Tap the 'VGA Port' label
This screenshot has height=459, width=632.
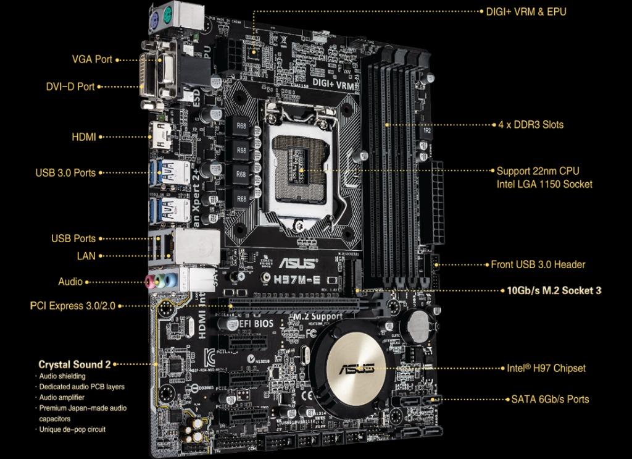92,59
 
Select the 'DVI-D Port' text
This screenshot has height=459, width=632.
70,86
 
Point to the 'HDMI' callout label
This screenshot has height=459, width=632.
84,137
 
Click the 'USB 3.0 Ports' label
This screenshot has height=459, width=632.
65,173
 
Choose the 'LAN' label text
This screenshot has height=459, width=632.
87,255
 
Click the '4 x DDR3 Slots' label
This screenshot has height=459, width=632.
531,124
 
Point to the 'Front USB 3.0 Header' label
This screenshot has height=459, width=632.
538,264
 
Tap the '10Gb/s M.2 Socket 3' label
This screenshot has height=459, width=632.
554,290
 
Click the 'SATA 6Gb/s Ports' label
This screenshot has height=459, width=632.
550,399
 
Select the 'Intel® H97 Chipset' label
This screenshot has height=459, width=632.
546,368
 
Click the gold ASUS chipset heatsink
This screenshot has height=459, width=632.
356,369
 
